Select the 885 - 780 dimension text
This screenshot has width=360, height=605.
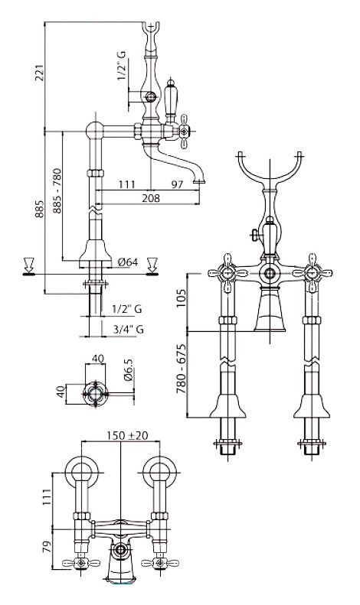tap(57, 190)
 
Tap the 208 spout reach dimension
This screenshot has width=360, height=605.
tap(151, 198)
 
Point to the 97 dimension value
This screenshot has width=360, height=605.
tap(177, 184)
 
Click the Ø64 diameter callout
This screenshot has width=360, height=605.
tap(128, 262)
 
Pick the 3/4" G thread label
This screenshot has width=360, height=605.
tap(129, 329)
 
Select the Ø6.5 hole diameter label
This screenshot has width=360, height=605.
tap(129, 370)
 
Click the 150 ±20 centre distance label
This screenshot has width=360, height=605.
tap(127, 435)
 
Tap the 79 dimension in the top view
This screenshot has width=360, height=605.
tap(46, 548)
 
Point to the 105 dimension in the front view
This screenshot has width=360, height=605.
tap(181, 298)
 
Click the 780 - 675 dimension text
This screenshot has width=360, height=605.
tap(181, 369)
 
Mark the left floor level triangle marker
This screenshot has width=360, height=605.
tap(28, 267)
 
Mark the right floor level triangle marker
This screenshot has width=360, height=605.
tap(152, 267)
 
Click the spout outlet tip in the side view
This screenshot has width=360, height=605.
tap(199, 181)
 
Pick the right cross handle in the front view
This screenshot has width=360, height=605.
tap(312, 273)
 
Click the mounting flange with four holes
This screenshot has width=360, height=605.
tap(95, 394)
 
